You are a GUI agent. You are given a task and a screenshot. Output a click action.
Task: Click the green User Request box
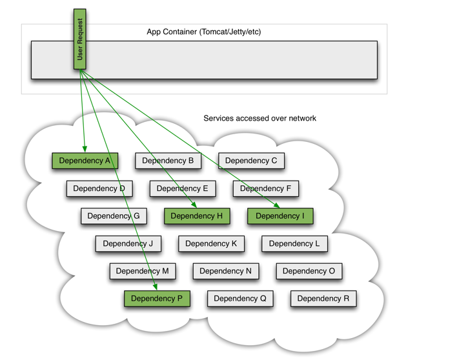79,39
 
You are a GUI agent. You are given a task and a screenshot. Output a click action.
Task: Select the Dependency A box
85,161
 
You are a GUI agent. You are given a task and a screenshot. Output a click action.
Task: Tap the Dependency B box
168,161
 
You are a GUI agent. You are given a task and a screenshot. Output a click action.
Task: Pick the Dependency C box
251,161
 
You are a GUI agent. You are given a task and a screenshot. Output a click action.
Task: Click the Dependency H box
197,216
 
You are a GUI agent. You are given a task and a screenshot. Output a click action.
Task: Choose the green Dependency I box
280,216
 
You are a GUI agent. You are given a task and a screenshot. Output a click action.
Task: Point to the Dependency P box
157,299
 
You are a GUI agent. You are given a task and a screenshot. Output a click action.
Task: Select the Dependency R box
323,299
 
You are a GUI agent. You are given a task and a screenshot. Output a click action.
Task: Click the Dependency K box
211,244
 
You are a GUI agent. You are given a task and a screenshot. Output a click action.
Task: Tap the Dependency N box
225,271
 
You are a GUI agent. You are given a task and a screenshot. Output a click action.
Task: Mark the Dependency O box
309,271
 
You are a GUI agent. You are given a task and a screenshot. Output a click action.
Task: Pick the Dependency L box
294,244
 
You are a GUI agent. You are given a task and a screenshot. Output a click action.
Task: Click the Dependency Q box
240,299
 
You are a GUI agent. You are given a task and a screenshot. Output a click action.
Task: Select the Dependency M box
142,271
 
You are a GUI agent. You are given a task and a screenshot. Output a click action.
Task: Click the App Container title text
204,32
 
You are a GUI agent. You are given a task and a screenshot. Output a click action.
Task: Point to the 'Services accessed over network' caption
259,118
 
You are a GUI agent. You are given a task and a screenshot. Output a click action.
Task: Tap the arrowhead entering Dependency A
85,150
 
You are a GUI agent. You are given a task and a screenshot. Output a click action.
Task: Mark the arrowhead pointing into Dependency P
156,287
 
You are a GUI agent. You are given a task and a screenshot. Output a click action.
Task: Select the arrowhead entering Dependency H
194,205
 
